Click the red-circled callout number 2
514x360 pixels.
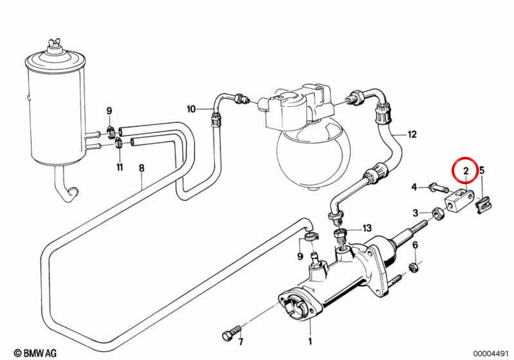click(x=466, y=171)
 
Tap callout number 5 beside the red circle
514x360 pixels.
click(x=482, y=171)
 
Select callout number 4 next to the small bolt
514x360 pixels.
click(x=414, y=187)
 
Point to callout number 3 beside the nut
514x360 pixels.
click(x=415, y=213)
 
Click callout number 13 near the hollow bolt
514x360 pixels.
click(x=367, y=228)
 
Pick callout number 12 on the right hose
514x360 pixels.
click(x=412, y=134)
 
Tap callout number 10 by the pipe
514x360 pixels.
click(x=191, y=109)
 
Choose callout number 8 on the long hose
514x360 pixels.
click(x=142, y=168)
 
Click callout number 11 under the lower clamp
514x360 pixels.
click(x=120, y=167)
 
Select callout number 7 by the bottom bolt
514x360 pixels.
click(x=241, y=342)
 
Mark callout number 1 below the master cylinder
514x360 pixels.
click(x=310, y=342)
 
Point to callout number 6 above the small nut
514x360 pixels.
click(x=415, y=245)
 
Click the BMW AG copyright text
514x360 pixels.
click(x=35, y=353)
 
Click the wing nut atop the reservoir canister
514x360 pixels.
click(x=54, y=42)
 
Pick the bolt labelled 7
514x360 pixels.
click(x=232, y=333)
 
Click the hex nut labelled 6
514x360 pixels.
click(x=414, y=268)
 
